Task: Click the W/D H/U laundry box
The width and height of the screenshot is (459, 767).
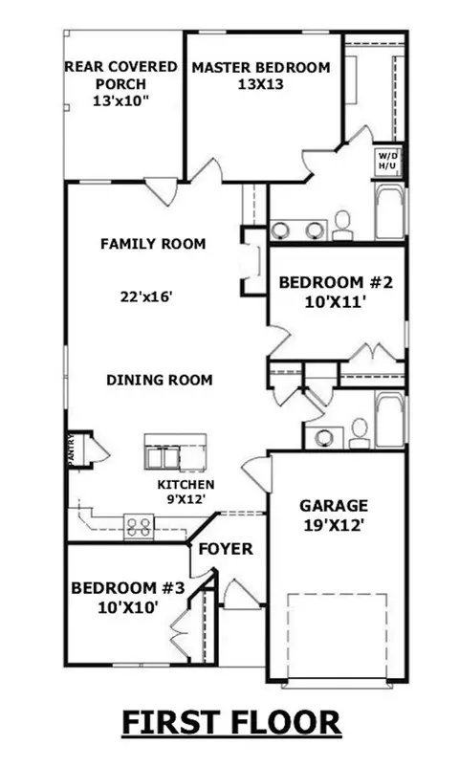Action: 388,162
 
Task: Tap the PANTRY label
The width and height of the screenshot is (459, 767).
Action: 71,449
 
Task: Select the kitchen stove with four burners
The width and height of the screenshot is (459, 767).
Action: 139,527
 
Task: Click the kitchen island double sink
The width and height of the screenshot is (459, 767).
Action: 163,458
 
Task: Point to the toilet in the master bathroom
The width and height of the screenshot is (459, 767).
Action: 342,226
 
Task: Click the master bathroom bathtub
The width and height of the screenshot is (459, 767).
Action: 390,212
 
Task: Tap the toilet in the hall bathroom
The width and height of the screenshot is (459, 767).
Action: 360,434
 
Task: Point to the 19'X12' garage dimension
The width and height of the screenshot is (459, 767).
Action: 334,525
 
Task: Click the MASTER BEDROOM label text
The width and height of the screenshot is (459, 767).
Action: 261,68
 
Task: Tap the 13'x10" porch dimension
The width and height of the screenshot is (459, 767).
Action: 120,101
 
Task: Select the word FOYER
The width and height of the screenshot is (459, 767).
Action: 226,549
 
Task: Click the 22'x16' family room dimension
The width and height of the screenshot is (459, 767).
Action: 147,296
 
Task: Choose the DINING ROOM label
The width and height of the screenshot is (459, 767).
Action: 160,380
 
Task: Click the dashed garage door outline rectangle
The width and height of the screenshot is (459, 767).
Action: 337,637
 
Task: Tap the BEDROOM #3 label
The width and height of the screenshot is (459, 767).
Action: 128,587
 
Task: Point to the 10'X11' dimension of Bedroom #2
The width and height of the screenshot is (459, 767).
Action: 336,302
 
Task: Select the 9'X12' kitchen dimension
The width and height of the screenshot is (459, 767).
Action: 186,499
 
